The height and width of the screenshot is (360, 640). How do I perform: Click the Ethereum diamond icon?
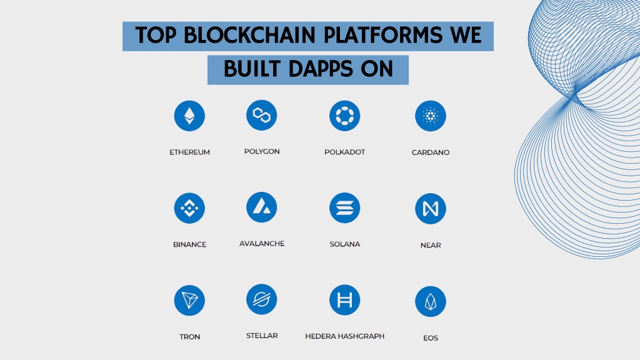189,116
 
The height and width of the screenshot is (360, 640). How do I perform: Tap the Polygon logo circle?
262,115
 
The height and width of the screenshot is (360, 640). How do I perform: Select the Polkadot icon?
345,116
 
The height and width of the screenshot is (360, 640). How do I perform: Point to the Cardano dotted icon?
431,116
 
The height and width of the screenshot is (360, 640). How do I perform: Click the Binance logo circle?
189,208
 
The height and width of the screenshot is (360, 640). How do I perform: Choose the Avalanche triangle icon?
262,207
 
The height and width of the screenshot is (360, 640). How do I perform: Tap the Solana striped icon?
345,208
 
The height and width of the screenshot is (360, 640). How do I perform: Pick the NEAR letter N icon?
431,209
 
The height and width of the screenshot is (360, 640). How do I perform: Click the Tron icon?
189,301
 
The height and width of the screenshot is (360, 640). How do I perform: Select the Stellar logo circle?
262,299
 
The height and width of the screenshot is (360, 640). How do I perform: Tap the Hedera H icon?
345,301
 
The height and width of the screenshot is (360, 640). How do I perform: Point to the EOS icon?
431,302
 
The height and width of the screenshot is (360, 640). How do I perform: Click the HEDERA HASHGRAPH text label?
345,336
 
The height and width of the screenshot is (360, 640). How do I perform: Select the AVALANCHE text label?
262,244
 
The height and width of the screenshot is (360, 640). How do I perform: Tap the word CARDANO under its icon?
431,152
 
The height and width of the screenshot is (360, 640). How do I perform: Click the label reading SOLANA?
345,244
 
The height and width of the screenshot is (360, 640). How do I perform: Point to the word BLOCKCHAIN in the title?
249,35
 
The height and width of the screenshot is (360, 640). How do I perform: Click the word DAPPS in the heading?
321,69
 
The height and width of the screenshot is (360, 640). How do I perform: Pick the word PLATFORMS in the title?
383,35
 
